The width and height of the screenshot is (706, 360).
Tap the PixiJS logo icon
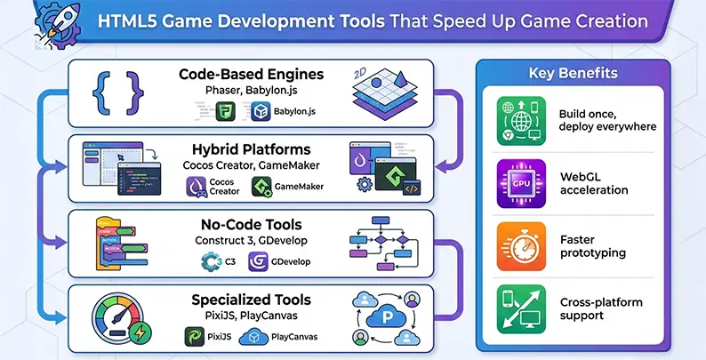[x=195, y=337]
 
